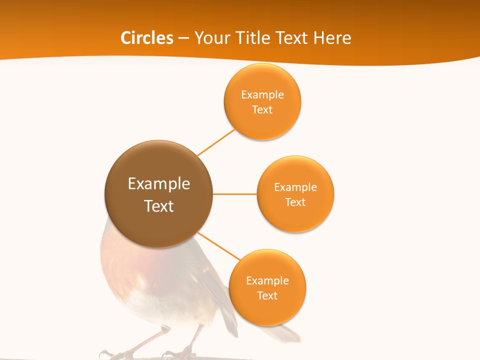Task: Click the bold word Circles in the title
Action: coord(146,38)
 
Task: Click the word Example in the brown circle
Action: coord(159,184)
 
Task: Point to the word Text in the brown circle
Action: coord(159,206)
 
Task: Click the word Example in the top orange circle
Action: coord(262,94)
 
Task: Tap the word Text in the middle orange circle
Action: coord(295,202)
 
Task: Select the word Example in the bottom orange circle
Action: coord(267,280)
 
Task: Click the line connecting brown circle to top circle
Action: coord(216,142)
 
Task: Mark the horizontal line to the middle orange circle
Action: coord(235,194)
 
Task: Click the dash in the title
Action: coord(183,38)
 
